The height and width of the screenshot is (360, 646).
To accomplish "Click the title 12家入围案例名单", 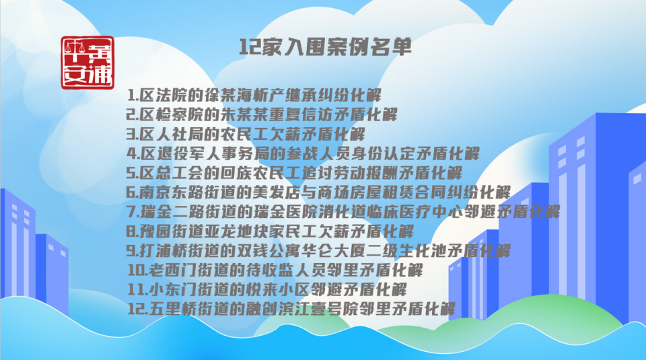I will pos(325,47).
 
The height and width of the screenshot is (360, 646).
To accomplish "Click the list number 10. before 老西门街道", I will pos(137,271).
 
